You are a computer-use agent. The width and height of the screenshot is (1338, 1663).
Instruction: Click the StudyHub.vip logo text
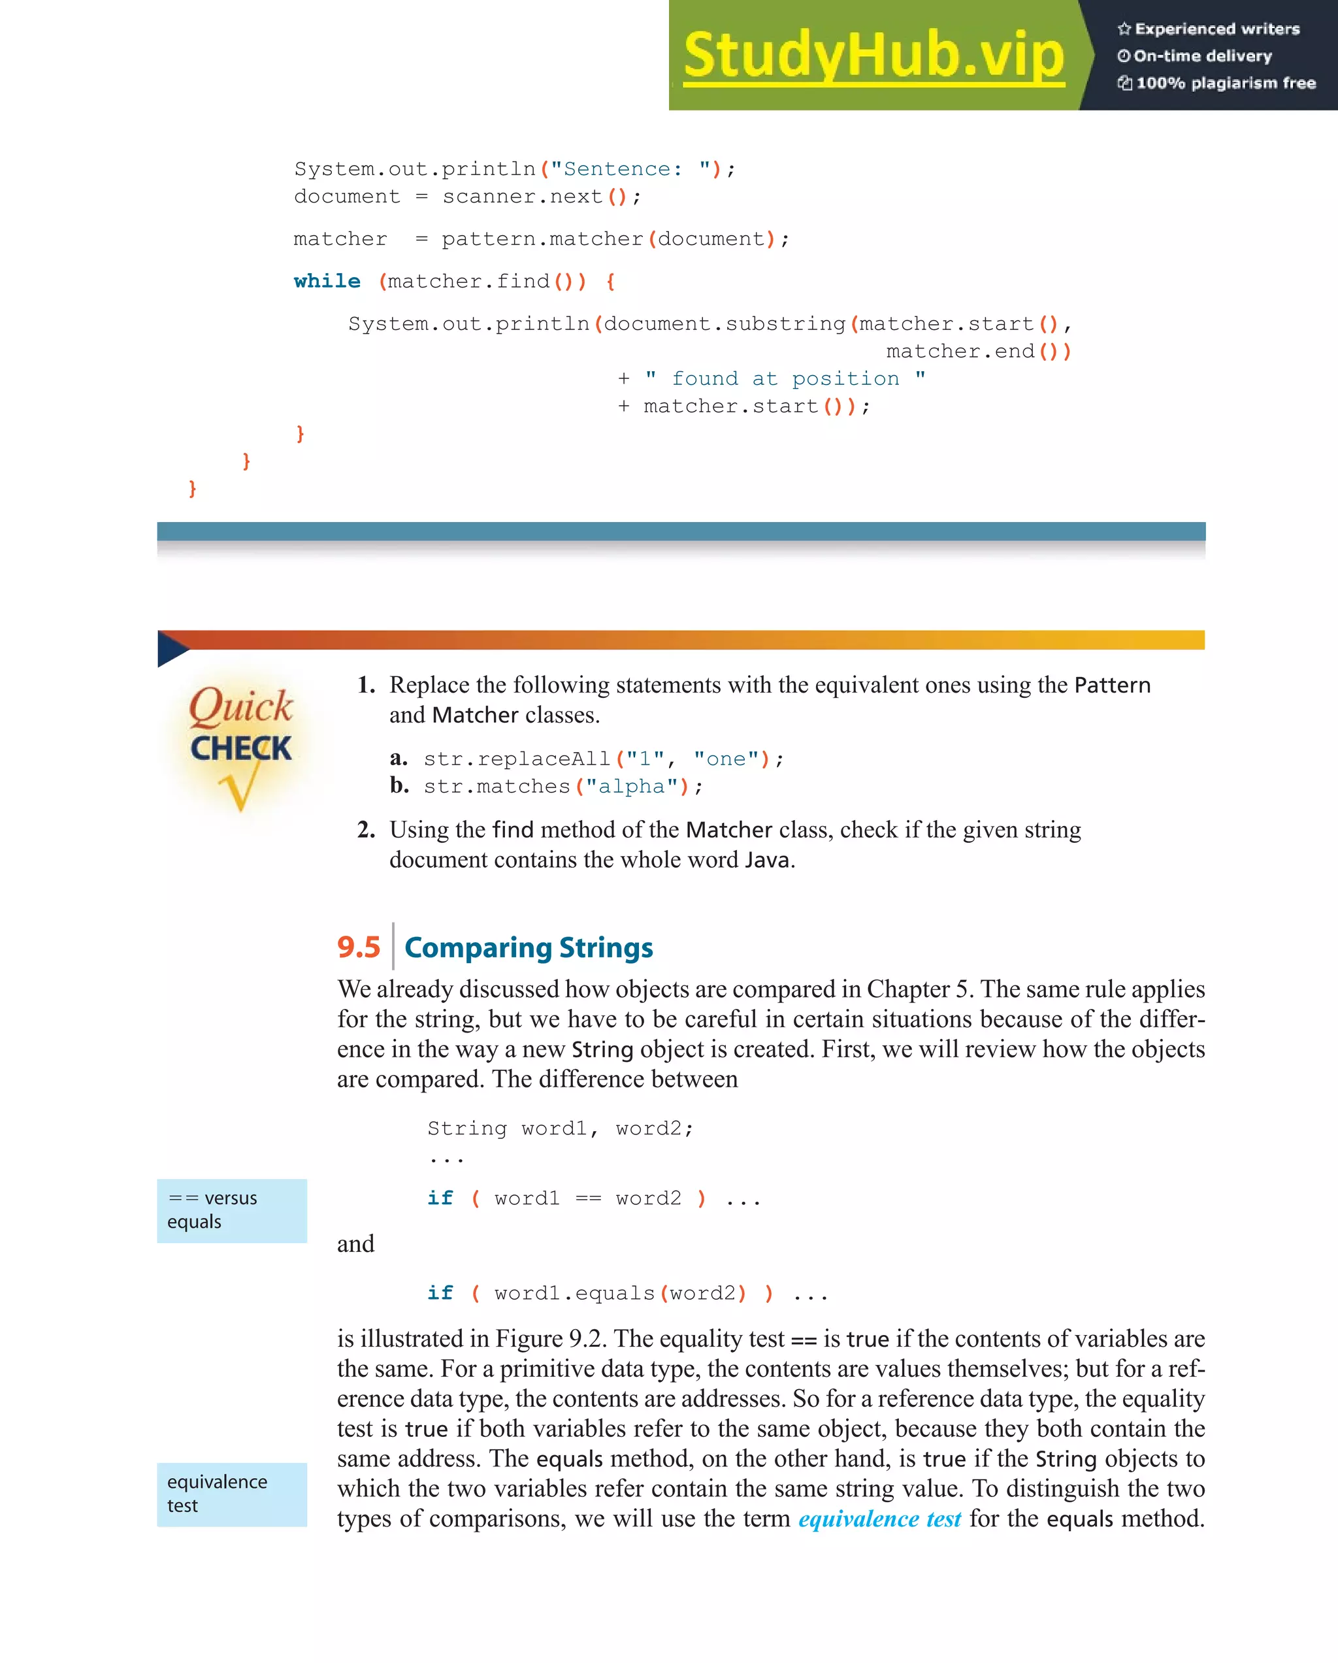[873, 56]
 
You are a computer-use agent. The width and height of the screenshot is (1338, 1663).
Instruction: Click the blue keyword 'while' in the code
[327, 282]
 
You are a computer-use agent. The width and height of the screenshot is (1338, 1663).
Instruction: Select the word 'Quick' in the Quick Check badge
[240, 706]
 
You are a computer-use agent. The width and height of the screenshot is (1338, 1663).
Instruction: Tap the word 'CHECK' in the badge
[240, 748]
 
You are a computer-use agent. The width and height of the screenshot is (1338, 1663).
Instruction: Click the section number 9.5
[359, 947]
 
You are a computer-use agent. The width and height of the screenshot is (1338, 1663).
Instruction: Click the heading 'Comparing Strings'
[529, 948]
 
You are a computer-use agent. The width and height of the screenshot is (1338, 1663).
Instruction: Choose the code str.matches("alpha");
[563, 787]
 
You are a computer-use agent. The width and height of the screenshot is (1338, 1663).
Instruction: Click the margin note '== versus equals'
[231, 1210]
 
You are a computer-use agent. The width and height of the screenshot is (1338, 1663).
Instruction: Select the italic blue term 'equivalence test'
[879, 1519]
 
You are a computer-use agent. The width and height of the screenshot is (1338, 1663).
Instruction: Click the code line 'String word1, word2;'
[560, 1128]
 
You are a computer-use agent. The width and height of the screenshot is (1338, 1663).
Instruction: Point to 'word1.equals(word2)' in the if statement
[621, 1294]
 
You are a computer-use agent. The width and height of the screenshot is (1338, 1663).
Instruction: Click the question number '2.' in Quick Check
[366, 830]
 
